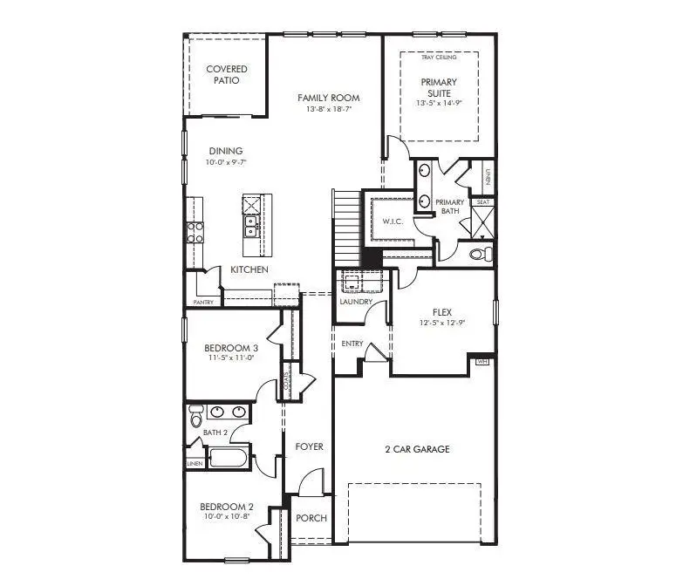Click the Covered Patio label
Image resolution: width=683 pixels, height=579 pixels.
(x=226, y=74)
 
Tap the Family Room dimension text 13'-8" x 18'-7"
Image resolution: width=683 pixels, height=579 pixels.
(x=328, y=110)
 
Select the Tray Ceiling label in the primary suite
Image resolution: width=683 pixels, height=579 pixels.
(x=439, y=58)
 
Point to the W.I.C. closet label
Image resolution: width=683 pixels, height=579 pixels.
(x=393, y=221)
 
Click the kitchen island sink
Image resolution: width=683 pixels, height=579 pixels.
(x=250, y=226)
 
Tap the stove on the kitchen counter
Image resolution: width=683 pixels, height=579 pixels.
(x=195, y=231)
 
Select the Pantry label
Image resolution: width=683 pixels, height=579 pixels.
(x=202, y=303)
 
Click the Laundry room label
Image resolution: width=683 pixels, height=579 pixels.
(x=356, y=303)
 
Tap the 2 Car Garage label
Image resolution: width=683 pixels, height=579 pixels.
(x=417, y=449)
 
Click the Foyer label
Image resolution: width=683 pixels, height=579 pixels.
(x=309, y=446)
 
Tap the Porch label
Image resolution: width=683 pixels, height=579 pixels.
(x=311, y=518)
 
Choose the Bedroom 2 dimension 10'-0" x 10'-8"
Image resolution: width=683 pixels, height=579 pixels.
(x=227, y=517)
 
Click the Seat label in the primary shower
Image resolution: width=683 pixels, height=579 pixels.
(x=483, y=202)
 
